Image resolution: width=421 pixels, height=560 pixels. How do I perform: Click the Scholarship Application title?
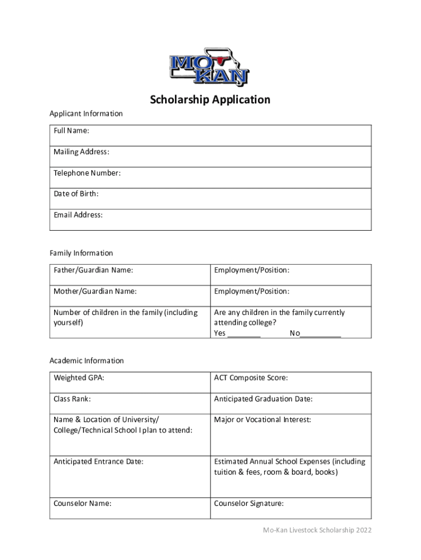210,100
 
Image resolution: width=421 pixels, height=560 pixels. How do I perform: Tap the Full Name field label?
72,131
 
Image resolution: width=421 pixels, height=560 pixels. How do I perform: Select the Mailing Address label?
81,151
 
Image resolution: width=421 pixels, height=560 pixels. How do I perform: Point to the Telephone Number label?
87,173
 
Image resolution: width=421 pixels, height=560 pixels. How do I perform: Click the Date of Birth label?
76,194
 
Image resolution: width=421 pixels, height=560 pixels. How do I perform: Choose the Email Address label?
78,215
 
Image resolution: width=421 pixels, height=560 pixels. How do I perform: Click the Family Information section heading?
81,253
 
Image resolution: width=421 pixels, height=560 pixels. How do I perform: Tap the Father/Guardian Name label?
93,270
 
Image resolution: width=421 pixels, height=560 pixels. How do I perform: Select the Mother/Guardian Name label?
95,291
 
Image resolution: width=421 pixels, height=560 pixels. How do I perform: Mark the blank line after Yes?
244,334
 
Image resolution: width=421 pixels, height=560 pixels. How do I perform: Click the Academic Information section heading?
87,361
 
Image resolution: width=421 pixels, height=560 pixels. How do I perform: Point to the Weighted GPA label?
79,378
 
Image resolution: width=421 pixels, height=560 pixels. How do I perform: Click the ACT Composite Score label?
251,378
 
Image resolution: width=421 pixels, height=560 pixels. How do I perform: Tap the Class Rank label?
72,399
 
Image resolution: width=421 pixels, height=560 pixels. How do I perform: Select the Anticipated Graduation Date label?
264,399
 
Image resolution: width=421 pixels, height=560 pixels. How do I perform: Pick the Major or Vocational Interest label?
262,420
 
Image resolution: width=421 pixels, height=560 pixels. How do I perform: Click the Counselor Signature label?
249,504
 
